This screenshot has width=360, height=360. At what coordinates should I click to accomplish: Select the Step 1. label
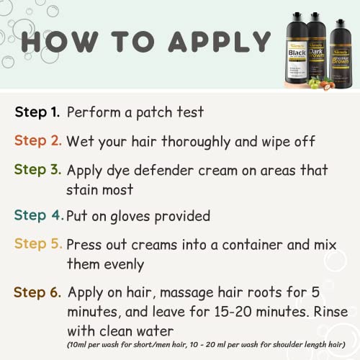pos(37,112)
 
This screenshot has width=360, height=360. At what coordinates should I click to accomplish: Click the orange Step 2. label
pos(37,141)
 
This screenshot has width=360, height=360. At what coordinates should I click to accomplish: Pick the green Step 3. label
pos(37,171)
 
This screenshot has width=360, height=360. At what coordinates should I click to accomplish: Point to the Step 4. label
pos(37,215)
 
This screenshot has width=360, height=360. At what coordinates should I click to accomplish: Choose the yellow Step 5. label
pos(37,243)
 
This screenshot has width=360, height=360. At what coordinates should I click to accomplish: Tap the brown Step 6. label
pos(37,292)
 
